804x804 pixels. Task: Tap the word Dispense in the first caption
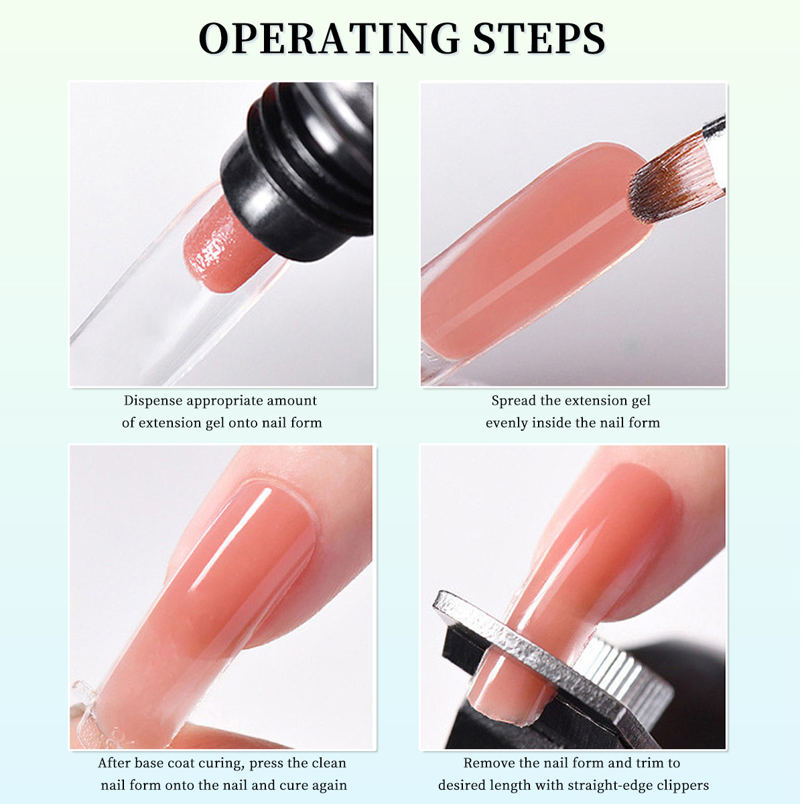[153, 401]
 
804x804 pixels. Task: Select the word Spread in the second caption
[514, 401]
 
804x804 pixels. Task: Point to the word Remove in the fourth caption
[490, 763]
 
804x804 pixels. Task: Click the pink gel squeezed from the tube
[222, 246]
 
